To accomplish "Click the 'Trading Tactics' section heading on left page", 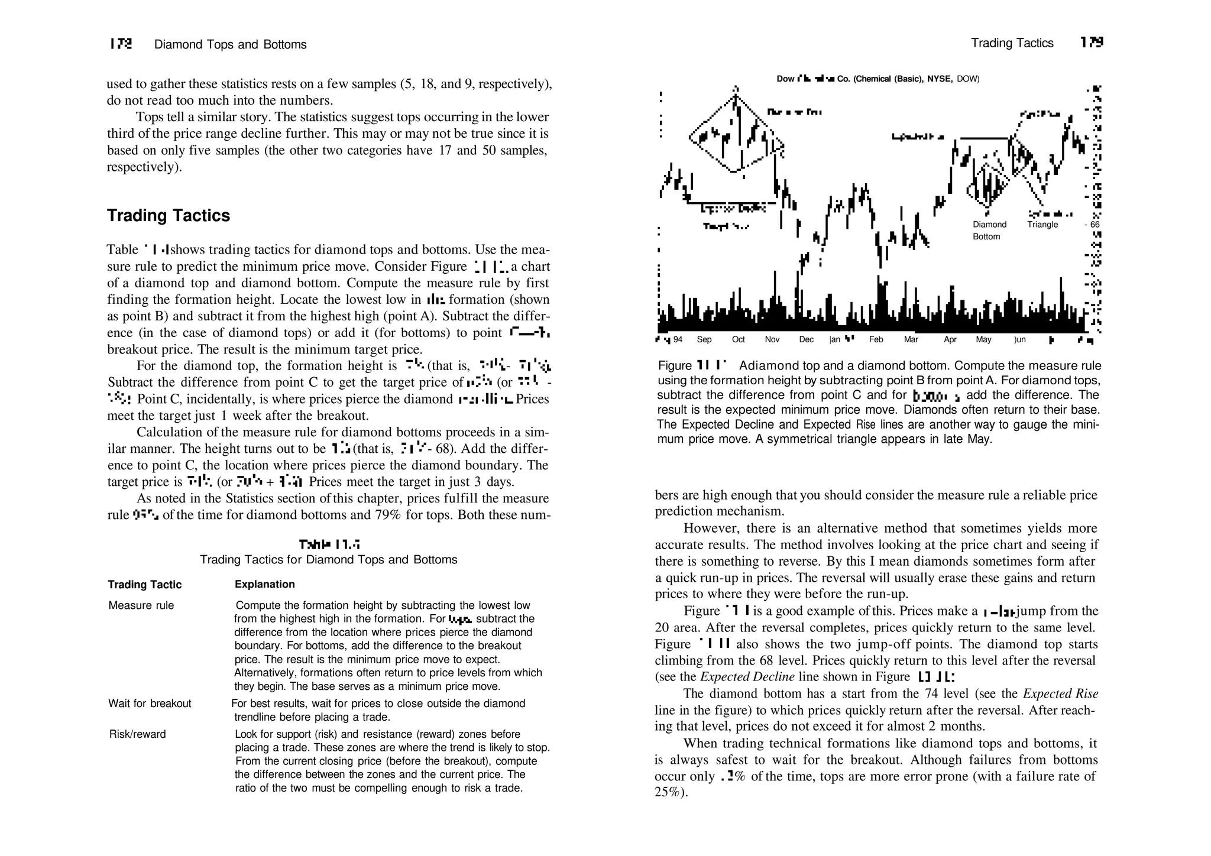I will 169,216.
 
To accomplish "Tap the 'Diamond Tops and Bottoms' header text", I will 230,45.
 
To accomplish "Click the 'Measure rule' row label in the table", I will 141,605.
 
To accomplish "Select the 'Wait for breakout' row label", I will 150,703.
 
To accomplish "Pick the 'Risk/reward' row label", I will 137,734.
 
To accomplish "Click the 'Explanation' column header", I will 264,584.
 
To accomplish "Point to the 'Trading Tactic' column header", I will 144,585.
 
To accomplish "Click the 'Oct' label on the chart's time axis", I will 739,340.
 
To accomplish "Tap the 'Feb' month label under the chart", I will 876,340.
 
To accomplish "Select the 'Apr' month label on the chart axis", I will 950,340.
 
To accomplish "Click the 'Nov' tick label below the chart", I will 772,340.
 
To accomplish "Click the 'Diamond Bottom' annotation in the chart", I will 989,231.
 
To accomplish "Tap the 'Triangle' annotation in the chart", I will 1042,225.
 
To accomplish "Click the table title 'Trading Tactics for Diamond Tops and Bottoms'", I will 328,560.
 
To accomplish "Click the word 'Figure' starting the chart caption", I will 675,366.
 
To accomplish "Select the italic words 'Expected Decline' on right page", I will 747,677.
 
